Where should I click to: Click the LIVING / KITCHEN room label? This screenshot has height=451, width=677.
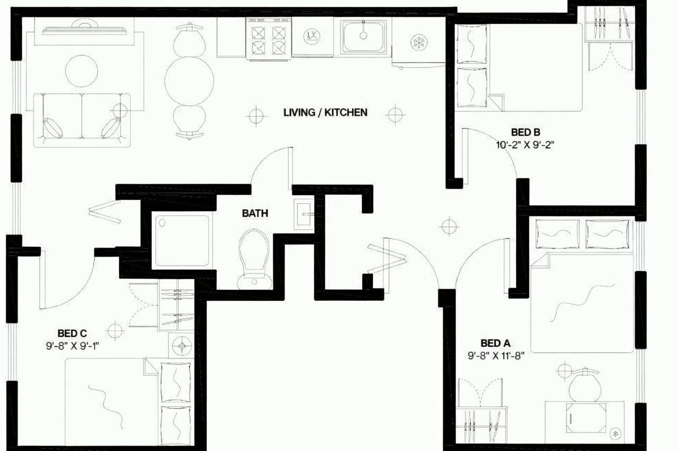(x=325, y=112)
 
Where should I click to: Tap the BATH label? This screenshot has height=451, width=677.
(x=255, y=214)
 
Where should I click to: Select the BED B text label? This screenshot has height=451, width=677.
(x=525, y=132)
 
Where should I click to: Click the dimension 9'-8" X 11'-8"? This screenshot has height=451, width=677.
(x=496, y=356)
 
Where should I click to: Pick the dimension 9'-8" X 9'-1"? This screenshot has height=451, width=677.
(x=72, y=346)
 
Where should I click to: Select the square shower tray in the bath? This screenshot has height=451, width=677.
(x=181, y=241)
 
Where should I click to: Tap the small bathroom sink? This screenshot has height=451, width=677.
(x=304, y=214)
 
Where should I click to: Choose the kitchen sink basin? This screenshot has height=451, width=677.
(x=363, y=36)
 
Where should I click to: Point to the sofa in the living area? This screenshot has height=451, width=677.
(x=82, y=119)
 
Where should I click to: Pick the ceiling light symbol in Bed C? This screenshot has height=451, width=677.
(x=115, y=330)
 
